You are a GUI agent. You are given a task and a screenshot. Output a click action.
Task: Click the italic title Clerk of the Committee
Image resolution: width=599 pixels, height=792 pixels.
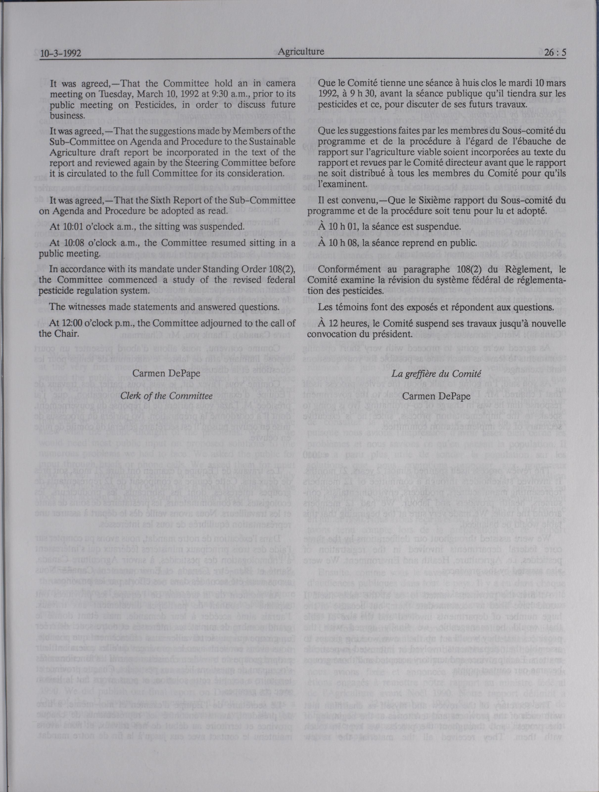pos(167,396)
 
